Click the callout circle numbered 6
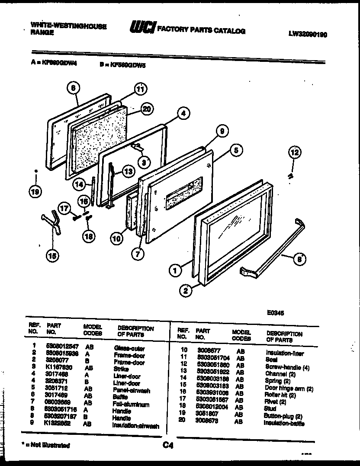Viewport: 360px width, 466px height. [73, 88]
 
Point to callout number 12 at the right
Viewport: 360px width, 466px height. [294, 152]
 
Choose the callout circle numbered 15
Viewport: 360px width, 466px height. [52, 256]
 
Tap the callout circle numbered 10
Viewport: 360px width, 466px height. [116, 238]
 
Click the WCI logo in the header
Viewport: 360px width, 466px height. [141, 28]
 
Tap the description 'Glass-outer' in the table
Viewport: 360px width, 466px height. [129, 348]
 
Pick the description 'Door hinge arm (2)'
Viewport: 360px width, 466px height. [289, 388]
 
